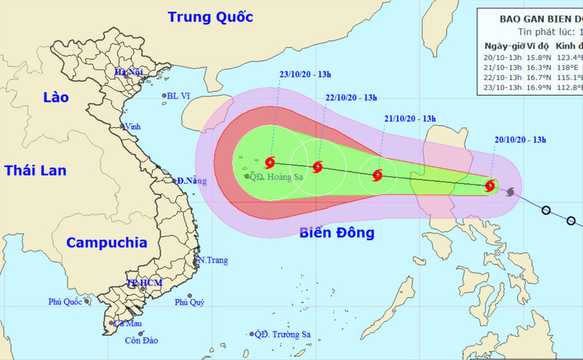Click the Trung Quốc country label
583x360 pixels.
pos(210,17)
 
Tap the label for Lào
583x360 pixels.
pos(56,97)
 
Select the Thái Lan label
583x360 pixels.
pos(36,170)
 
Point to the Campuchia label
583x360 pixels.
pos(107,242)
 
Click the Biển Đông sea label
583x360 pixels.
pos(337,233)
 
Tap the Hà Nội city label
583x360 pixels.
pos(129,72)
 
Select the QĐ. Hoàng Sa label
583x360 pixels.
pos(274,177)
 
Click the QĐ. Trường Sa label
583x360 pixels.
pos(282,335)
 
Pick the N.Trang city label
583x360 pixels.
pos(213,261)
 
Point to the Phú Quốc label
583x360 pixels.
pos(64,302)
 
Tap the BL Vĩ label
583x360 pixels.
pos(178,96)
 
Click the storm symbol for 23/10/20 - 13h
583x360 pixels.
pos(270,162)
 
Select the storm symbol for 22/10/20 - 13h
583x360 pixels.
pos(318,167)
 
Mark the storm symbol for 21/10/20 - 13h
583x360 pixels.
pos(377,176)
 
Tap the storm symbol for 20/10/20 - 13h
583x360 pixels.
pos(490,186)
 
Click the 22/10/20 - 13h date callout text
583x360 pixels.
pos(351,98)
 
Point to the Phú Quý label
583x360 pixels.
pos(189,302)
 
